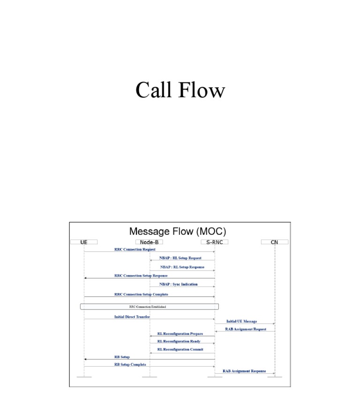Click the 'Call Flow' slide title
(x=180, y=90)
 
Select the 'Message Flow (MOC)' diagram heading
(x=177, y=231)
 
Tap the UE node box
(x=84, y=242)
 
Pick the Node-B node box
(x=150, y=242)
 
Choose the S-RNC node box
(x=215, y=242)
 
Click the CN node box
(x=275, y=242)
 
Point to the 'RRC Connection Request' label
(x=135, y=249)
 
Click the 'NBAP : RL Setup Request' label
(x=180, y=258)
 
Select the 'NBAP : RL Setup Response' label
(x=182, y=267)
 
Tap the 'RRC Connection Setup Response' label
(x=141, y=276)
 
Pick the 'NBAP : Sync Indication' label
(x=179, y=284)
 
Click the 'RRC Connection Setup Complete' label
(x=141, y=294)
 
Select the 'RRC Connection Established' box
(x=149, y=307)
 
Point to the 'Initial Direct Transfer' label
(x=132, y=317)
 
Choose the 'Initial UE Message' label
(x=241, y=321)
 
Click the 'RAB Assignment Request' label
(x=246, y=329)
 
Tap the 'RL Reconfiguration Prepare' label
(x=180, y=334)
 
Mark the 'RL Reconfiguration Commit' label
(x=180, y=349)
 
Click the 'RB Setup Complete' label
(x=130, y=364)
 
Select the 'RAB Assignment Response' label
(x=244, y=371)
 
